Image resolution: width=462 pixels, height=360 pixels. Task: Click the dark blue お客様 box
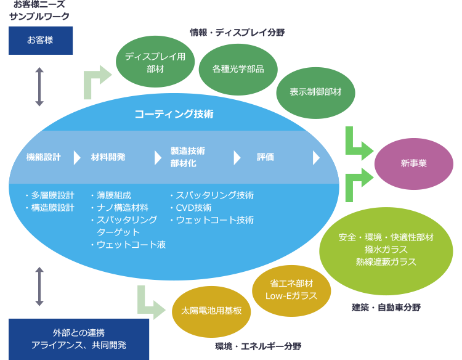point(41,41)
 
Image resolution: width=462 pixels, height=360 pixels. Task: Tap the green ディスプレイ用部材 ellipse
point(155,62)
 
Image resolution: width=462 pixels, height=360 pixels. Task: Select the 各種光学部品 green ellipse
point(238,70)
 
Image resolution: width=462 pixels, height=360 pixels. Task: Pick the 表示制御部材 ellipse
point(315,93)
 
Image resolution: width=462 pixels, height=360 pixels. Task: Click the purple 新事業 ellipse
point(414,164)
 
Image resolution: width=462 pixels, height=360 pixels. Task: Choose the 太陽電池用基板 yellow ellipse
point(211,312)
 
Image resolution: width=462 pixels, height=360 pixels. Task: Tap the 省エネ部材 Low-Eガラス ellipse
point(291,291)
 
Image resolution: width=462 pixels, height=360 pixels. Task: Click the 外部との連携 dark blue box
point(79,340)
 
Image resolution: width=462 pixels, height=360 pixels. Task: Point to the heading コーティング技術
point(174,114)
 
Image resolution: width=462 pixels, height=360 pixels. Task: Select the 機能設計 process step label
point(44,157)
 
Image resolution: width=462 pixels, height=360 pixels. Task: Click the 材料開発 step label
point(108,157)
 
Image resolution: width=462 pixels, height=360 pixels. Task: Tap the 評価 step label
point(265,157)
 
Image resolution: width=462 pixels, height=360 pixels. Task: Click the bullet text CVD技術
point(193,208)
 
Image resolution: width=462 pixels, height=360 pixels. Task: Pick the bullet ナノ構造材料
point(123,208)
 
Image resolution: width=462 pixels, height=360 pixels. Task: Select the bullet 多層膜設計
point(53,195)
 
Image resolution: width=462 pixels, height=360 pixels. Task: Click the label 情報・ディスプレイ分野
point(238,33)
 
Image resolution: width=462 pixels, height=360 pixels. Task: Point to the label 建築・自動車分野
point(386,308)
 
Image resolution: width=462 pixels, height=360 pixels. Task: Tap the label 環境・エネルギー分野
point(258,346)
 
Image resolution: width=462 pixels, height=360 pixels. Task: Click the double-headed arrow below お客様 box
point(39,87)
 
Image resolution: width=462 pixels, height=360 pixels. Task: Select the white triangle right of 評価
point(316,158)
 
